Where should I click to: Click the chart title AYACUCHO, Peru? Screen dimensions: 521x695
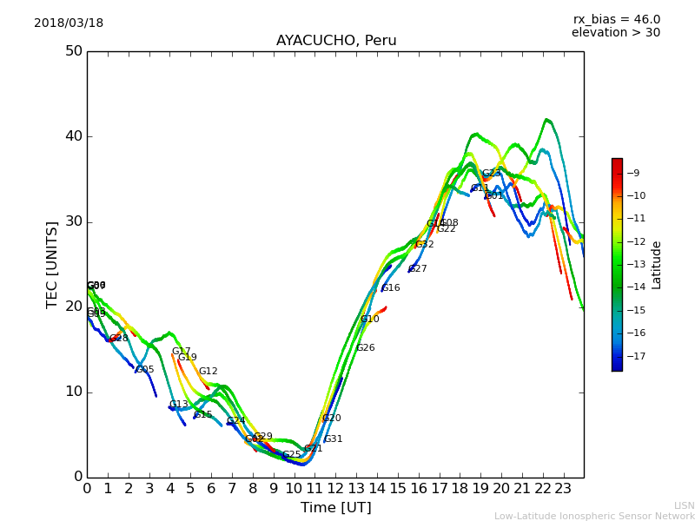(x=336, y=41)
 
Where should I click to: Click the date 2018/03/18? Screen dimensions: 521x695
(x=69, y=23)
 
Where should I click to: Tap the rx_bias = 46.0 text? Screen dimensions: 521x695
(x=616, y=19)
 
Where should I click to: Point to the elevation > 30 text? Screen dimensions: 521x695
(x=616, y=33)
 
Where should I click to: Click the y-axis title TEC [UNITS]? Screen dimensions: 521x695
(x=52, y=264)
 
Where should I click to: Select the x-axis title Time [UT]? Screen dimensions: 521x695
(x=335, y=508)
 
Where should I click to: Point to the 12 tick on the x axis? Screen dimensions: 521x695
(x=336, y=489)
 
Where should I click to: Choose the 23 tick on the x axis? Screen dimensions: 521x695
(x=564, y=489)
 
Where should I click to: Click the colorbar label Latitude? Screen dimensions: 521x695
(x=657, y=265)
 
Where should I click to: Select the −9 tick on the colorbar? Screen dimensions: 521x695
(x=636, y=172)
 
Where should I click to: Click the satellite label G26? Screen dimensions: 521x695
(x=366, y=348)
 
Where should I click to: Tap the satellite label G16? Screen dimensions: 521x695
(x=391, y=288)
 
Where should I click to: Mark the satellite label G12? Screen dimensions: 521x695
(x=208, y=372)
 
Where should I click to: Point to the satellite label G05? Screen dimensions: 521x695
(x=145, y=370)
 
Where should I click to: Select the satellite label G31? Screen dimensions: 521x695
(x=334, y=439)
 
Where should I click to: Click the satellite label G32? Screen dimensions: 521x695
(x=425, y=245)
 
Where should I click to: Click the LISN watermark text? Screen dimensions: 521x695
(x=685, y=505)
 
